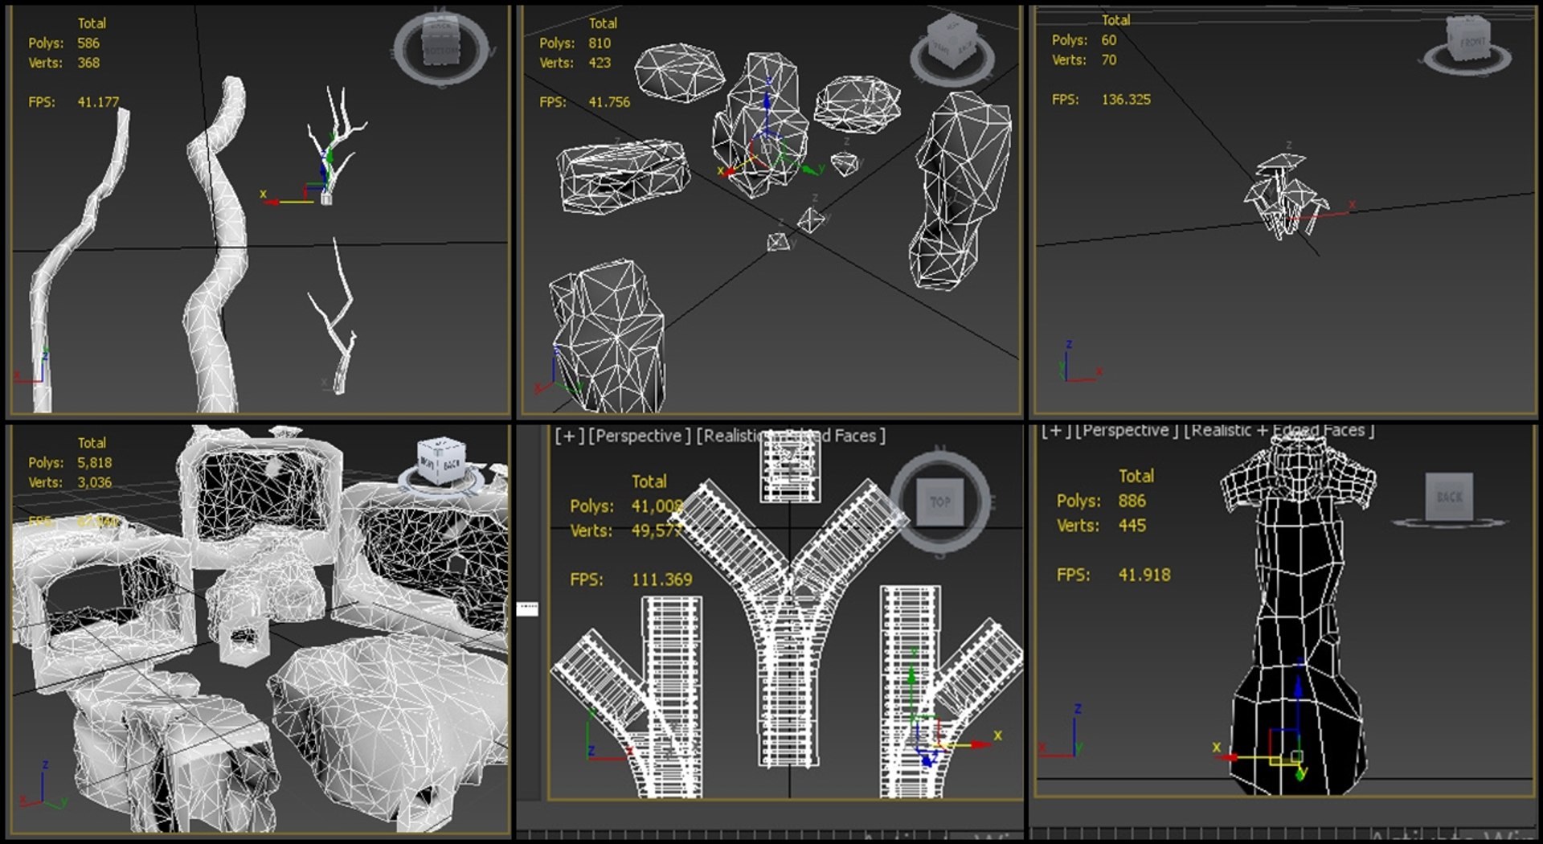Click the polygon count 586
coord(88,43)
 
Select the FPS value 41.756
coord(609,102)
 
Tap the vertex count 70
coord(1108,60)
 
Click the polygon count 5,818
coord(95,463)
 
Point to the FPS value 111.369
coord(661,580)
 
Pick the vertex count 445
coord(1132,526)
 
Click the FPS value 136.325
coord(1126,100)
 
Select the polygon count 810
coord(600,43)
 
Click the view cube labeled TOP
coord(940,502)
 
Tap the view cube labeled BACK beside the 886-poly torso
coord(1449,497)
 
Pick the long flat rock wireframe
coord(624,175)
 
